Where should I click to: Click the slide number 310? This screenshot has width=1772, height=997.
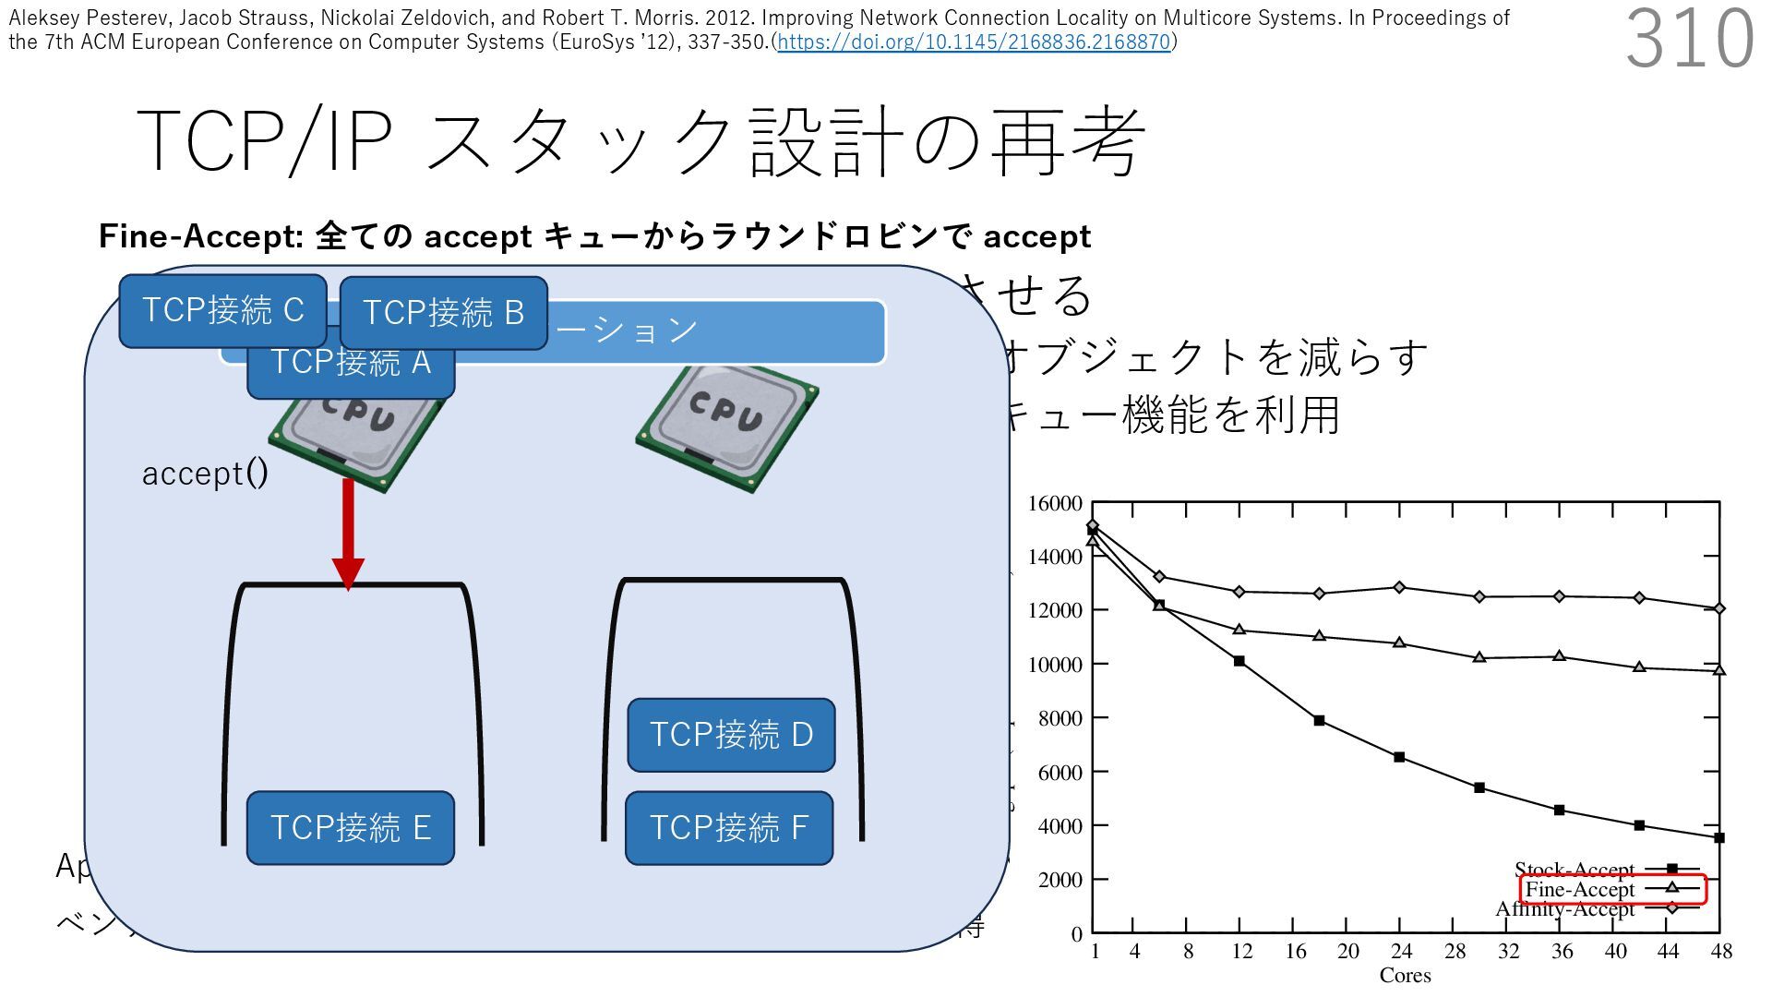pos(1689,39)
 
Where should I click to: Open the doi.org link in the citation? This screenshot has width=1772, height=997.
pos(974,42)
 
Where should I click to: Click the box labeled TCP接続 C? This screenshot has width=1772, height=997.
pos(222,311)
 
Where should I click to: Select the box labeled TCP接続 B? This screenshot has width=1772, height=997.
pos(444,313)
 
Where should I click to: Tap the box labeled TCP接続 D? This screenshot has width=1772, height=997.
pos(731,735)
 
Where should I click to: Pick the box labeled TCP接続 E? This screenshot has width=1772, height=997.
pos(351,827)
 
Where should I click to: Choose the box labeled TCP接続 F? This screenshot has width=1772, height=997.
pos(729,827)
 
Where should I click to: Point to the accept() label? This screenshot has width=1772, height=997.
pos(205,474)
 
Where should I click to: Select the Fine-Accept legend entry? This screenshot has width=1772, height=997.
pos(1580,890)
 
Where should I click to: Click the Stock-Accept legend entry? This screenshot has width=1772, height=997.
pos(1574,870)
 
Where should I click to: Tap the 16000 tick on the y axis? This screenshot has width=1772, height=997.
pos(1055,504)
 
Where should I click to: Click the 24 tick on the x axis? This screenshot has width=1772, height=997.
pos(1401,952)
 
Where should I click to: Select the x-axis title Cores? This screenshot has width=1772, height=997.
pos(1405,976)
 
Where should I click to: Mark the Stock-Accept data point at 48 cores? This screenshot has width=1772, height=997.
pos(1719,838)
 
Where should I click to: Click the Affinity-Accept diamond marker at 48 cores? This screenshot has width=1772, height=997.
pos(1719,609)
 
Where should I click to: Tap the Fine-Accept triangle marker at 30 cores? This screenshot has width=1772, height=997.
pos(1479,657)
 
